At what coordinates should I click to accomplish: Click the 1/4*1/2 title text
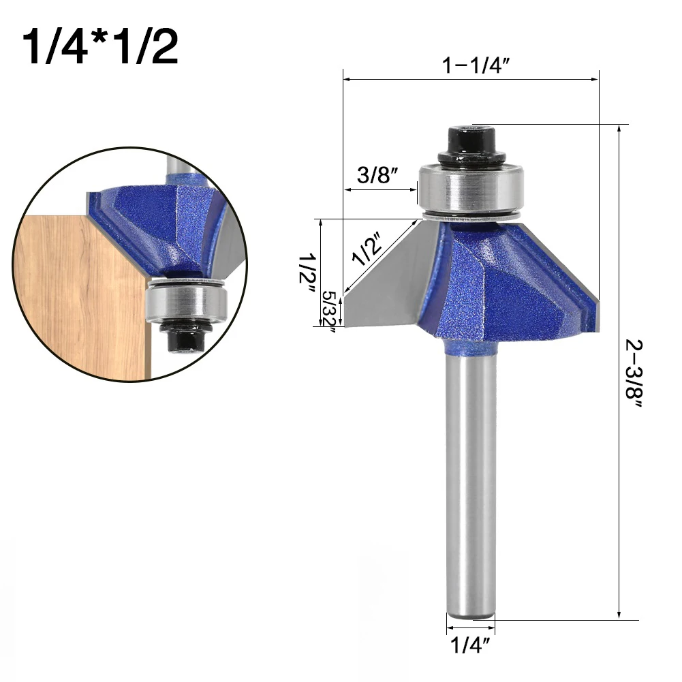click(100, 47)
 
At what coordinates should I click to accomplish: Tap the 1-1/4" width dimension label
click(476, 65)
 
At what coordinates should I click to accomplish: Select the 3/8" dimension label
click(377, 175)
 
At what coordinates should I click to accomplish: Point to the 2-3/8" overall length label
click(634, 373)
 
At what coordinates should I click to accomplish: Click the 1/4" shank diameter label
click(470, 645)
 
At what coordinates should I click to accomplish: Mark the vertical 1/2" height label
click(307, 274)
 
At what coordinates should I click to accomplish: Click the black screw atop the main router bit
click(471, 146)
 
